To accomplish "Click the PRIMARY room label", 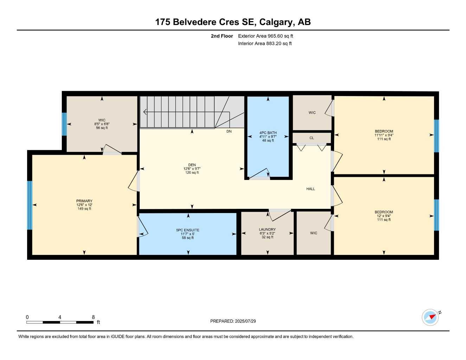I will pos(84,201).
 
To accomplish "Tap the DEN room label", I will pos(192,165).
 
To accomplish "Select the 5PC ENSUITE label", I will pos(188,230).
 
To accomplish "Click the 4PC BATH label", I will pos(268,133).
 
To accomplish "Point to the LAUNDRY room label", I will pos(267,230).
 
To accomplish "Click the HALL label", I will pos(311,189).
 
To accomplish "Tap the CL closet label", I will pos(312,138).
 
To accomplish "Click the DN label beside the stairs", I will pos(229,131).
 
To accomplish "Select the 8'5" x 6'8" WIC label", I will pos(102,124).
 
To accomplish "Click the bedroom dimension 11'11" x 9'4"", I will pos(384,135).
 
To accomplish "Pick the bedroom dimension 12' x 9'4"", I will pos(384,216).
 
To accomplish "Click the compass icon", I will pos(430,317).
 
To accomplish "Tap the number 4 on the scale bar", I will pos(60,317).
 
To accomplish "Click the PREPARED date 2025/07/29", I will pos(233,321).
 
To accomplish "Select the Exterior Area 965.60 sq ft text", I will pos(266,36).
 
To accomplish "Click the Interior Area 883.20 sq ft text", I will pos(265,44).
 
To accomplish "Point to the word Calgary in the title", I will pos(276,22).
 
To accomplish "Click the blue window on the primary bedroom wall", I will pos(30,205).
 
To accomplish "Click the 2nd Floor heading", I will pos(222,36).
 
